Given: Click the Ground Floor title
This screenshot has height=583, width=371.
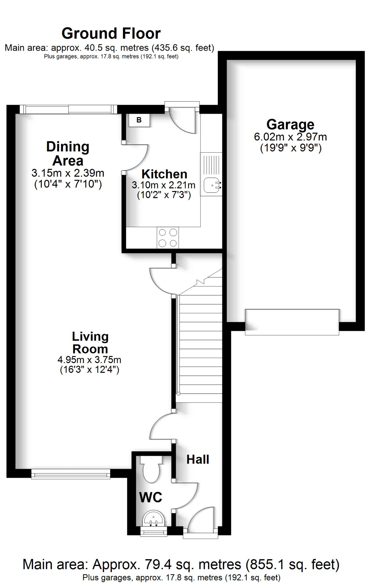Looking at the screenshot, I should pos(111,34).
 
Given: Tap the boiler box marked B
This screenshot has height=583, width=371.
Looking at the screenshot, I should pos(139,120).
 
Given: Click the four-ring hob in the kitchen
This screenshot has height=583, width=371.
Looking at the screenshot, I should pos(168,238).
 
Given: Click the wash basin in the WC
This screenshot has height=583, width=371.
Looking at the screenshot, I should pos(154,519).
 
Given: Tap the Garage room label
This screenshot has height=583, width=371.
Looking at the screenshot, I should pos(290,124).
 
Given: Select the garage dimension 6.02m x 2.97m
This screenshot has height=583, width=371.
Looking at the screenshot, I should pos(290,137).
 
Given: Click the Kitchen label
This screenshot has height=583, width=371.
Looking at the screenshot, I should pos(164,174).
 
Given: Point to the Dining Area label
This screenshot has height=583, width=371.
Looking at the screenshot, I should pos(68,154).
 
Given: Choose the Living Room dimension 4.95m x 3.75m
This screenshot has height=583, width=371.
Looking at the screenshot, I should pos(89,360).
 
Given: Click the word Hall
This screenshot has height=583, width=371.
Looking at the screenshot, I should pos(198,459).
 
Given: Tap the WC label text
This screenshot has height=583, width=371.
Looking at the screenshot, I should pos(151,497).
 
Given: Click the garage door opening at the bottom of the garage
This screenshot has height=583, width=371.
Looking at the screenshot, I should pos(292,322).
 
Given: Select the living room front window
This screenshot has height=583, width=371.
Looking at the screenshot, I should pos(71,474).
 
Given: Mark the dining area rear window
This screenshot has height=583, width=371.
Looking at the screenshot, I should pos(68,109).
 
